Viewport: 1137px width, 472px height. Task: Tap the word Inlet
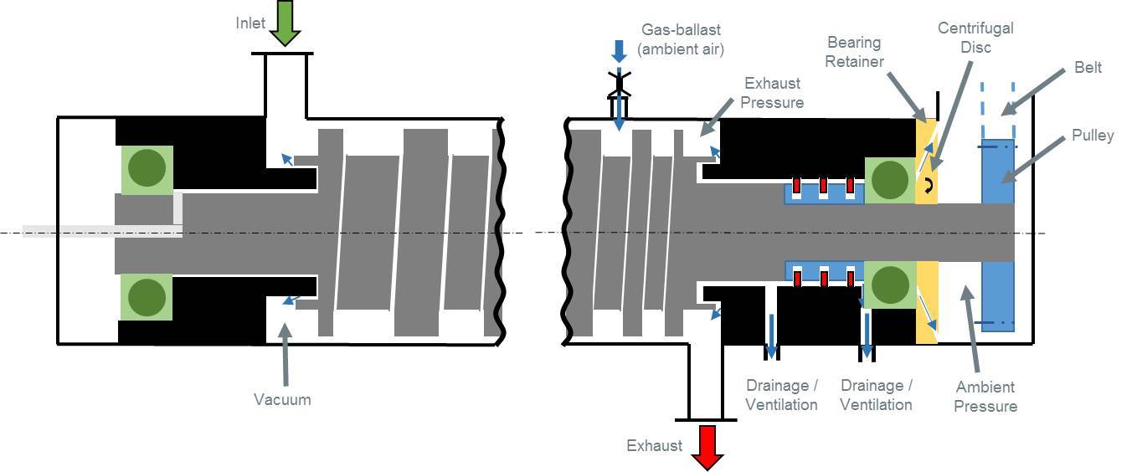[250, 23]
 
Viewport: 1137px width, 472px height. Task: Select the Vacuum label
[282, 399]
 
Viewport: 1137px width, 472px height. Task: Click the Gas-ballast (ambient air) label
[680, 39]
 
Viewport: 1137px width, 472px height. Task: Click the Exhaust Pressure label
[772, 92]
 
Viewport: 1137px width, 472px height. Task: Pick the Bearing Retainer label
[854, 51]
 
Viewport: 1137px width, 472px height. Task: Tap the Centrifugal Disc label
[975, 37]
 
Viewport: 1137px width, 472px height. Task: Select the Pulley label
[1093, 135]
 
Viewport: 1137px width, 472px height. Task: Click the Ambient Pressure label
[985, 396]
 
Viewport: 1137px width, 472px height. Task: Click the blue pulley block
[997, 234]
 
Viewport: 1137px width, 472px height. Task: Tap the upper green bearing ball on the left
[147, 170]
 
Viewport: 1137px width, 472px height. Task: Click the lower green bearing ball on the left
[147, 297]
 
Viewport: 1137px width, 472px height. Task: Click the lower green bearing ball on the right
[889, 285]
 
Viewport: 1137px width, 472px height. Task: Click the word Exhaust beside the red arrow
[654, 445]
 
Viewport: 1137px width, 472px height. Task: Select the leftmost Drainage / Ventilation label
[781, 394]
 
